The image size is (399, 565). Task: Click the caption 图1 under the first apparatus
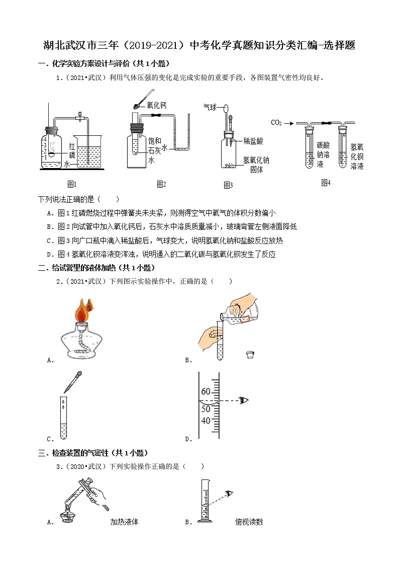point(72,184)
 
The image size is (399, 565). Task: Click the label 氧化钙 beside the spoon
point(156,105)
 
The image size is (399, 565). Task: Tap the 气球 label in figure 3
point(210,107)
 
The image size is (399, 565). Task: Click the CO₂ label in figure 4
point(276,122)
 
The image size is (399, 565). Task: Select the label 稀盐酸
point(253,141)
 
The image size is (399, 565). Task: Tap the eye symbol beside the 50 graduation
point(245,400)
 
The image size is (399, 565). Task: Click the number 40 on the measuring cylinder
point(206,420)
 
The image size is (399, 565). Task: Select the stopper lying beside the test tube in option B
point(249,355)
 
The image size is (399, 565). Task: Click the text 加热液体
point(124,522)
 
